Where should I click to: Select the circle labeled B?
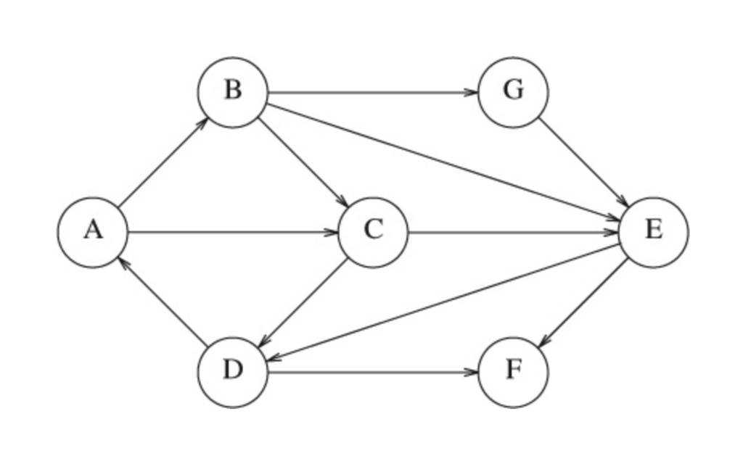pos(233,92)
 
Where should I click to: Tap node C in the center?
pos(373,232)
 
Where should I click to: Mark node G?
pos(513,92)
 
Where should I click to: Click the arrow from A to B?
pos(163,162)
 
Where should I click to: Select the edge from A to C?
pos(232,233)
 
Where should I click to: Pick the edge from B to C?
pos(303,162)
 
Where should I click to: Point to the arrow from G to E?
pos(583,162)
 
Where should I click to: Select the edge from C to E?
pos(513,233)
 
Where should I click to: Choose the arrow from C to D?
pos(303,302)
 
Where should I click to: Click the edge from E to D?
pos(443,302)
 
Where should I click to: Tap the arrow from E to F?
pos(583,302)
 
